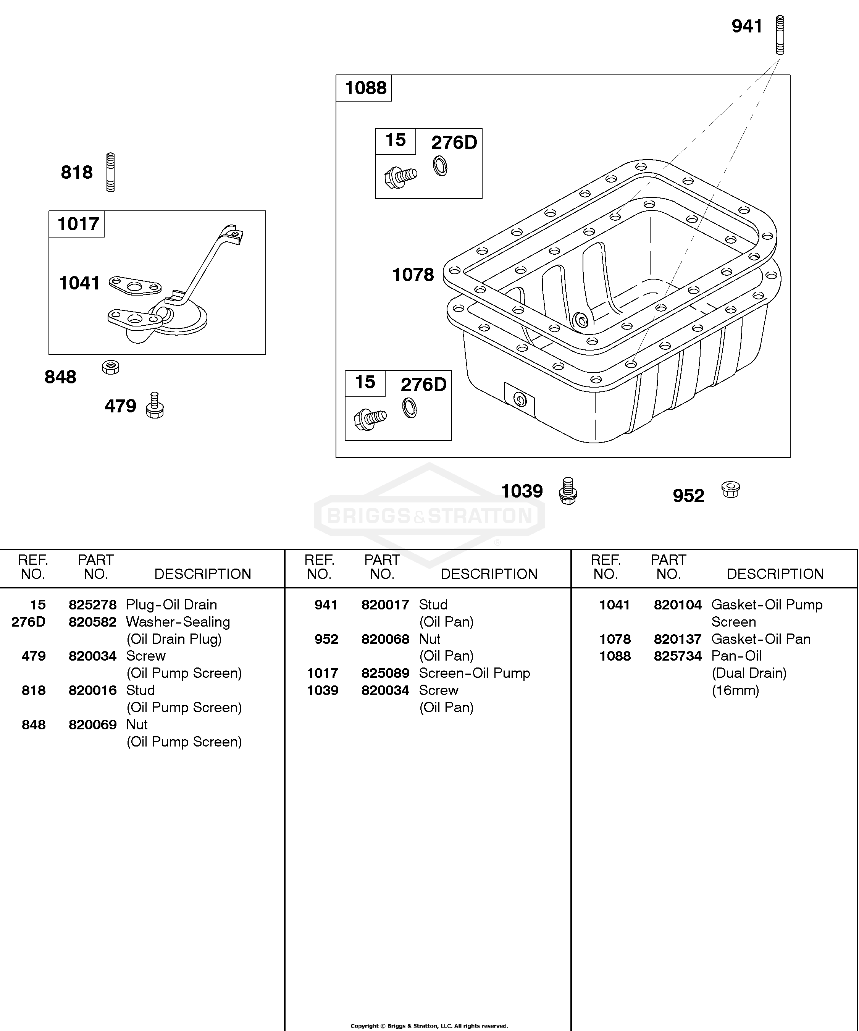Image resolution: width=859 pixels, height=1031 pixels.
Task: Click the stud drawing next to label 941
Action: point(780,34)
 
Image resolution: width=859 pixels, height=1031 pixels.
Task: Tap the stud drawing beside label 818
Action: point(110,172)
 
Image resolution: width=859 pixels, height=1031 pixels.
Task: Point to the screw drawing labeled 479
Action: point(155,405)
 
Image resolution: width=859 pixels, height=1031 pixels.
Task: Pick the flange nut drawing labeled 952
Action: point(730,490)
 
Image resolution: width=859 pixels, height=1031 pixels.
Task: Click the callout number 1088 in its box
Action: point(365,88)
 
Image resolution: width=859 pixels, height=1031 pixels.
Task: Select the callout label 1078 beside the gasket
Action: point(413,275)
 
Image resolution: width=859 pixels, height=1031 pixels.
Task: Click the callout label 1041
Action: point(79,283)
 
